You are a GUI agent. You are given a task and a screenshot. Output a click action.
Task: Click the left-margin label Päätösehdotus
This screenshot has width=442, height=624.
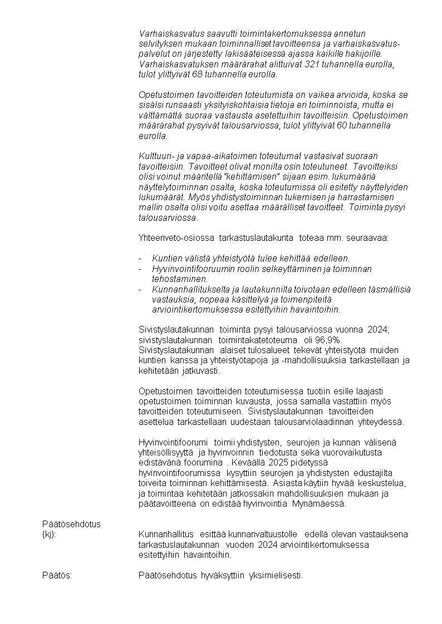pos(71,524)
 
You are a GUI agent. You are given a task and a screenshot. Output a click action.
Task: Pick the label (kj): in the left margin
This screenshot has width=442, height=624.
pos(49,534)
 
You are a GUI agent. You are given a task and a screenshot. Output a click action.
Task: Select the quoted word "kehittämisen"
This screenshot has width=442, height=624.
pos(238,177)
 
